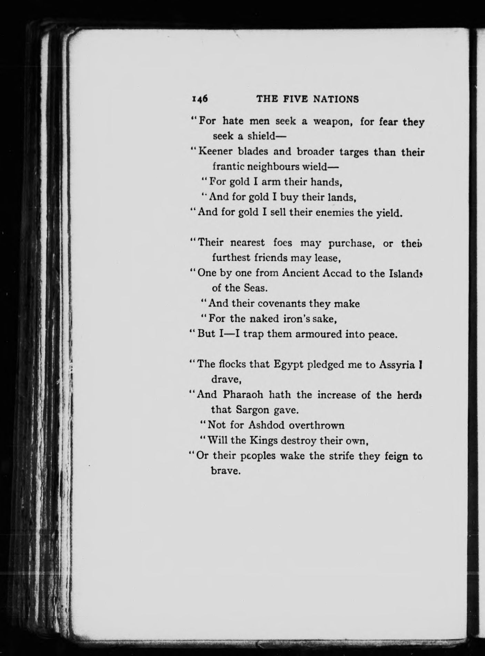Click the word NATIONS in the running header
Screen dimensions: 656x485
335,99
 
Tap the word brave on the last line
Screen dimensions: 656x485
225,471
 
